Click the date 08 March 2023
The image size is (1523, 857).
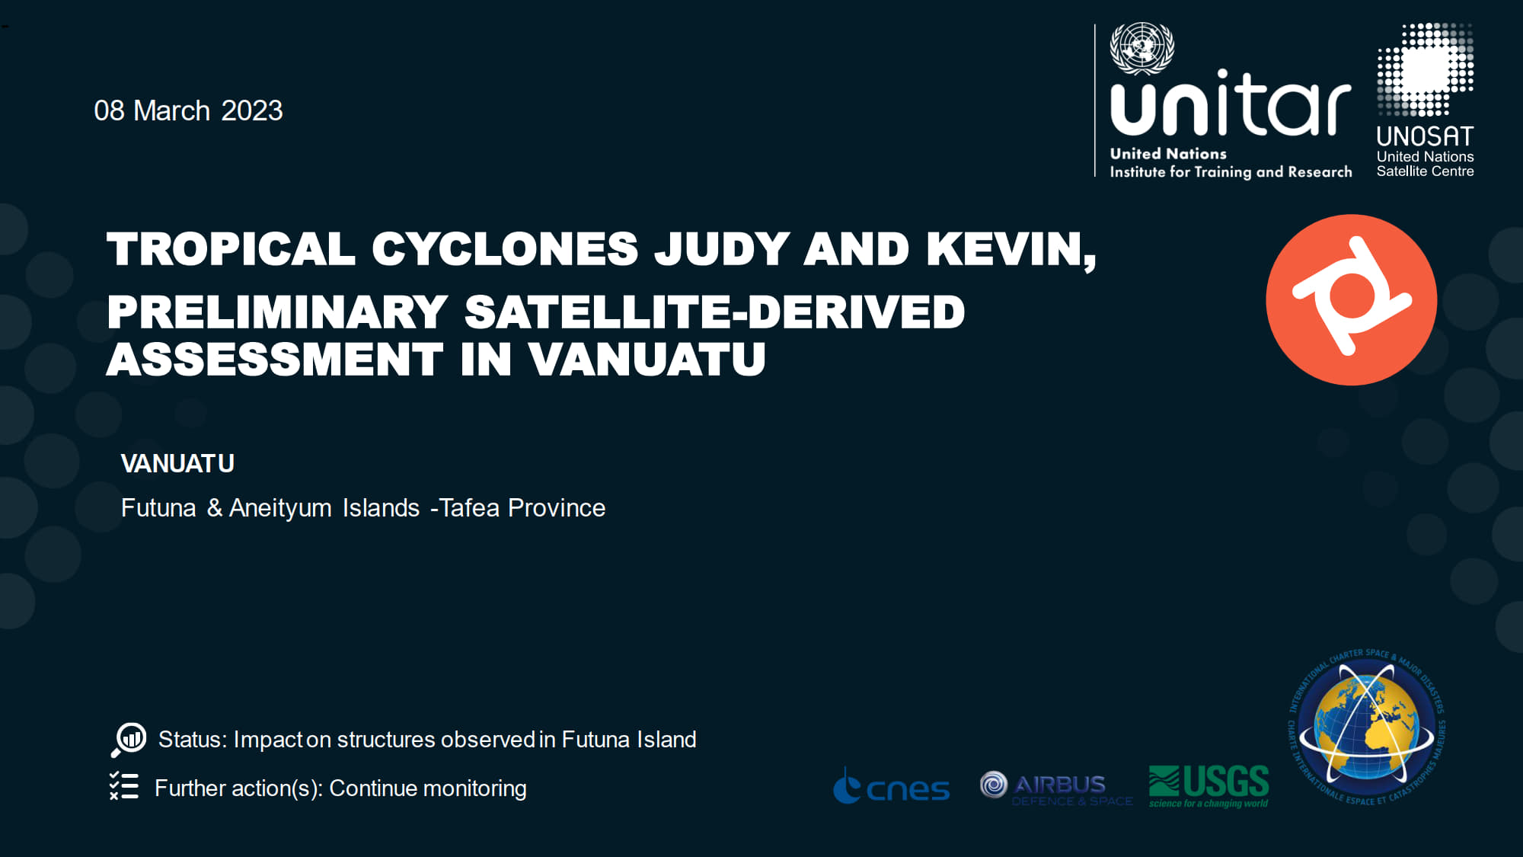coord(188,111)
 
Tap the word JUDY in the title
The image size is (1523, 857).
coord(721,249)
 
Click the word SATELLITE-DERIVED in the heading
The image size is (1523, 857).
coord(714,312)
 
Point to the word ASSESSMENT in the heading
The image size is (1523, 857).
coord(274,360)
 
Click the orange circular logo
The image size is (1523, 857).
coord(1351,299)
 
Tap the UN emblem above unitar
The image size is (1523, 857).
coord(1141,48)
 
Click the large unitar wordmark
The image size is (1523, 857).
coord(1230,104)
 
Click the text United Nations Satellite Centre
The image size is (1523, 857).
coord(1425,164)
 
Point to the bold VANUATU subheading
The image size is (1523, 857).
coord(177,464)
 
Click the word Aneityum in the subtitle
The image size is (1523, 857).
coord(280,508)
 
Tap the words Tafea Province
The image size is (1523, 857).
coord(522,508)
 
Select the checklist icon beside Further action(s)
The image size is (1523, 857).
coord(124,786)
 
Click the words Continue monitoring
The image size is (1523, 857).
coord(427,788)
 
